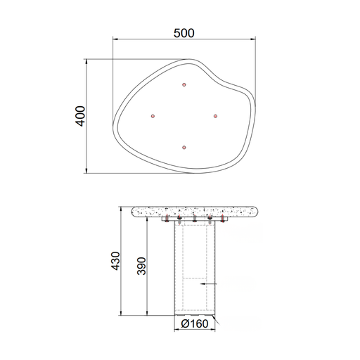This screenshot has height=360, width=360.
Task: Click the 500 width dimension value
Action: pyautogui.click(x=184, y=33)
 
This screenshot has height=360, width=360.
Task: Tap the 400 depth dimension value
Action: pyautogui.click(x=80, y=116)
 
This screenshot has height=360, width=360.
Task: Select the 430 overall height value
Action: pyautogui.click(x=115, y=261)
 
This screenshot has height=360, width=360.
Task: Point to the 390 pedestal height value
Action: pyautogui.click(x=141, y=266)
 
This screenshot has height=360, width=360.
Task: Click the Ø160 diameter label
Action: pyautogui.click(x=195, y=323)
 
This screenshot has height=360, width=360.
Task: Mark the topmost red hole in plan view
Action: pyautogui.click(x=184, y=84)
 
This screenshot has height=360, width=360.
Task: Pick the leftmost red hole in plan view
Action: pyautogui.click(x=153, y=116)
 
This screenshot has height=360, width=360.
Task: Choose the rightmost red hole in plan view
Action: pyautogui.click(x=216, y=116)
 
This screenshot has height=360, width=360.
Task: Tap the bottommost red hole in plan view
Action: pyautogui.click(x=184, y=148)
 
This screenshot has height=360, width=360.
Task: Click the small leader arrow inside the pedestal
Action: pyautogui.click(x=208, y=284)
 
